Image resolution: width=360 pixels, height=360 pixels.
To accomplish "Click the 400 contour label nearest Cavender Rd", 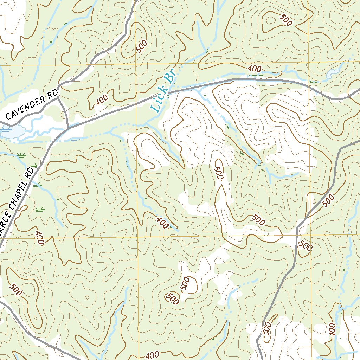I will point(102,101).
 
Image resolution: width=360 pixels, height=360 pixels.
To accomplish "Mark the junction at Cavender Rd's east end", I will point(59,85).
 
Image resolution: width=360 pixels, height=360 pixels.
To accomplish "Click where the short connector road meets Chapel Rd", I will point(67,127).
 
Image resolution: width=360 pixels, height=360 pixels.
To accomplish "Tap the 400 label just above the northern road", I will point(254,69).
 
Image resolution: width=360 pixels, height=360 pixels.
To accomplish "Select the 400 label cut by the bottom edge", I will point(152,355).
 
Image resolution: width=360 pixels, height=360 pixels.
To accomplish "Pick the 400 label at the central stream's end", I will point(162,223).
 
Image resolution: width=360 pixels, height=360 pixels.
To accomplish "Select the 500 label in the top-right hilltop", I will point(286,20).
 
